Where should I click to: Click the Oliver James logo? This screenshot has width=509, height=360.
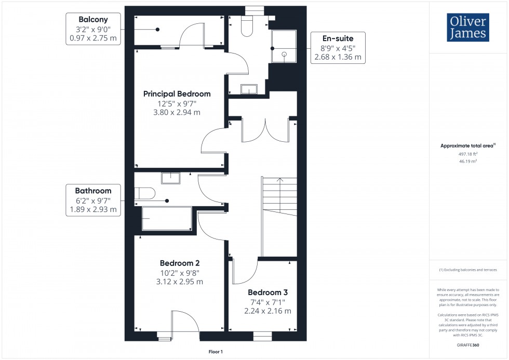467,28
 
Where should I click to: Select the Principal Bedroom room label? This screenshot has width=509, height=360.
177,94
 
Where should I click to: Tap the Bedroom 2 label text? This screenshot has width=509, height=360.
179,263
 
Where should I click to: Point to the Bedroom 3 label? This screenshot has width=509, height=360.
267,292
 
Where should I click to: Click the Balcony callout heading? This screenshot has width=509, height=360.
93,19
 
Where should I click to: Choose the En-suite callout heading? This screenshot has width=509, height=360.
338,38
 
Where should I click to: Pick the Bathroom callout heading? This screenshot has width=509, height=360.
92,191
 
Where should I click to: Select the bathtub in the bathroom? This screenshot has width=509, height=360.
166,218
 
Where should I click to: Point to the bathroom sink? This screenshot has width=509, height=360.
170,178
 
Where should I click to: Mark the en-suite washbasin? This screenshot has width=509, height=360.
249,89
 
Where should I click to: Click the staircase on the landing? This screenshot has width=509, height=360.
279,216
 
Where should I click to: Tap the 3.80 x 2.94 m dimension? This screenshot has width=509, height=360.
177,112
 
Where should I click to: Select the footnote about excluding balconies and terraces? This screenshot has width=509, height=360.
467,270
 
